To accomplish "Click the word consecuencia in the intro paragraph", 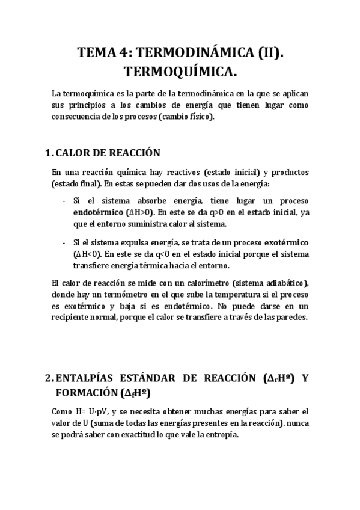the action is [76, 117].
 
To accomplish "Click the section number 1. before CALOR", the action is [50, 153].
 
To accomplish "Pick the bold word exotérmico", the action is [286, 242].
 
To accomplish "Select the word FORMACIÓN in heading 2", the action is [87, 393].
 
